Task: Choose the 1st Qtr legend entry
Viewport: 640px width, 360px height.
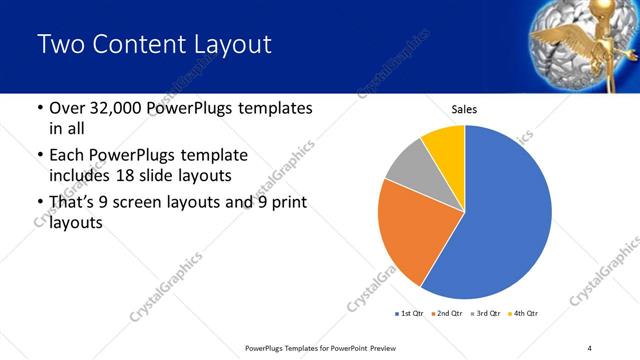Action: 411,314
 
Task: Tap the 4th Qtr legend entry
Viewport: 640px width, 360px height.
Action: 525,314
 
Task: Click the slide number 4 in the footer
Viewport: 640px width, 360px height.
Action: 590,347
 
